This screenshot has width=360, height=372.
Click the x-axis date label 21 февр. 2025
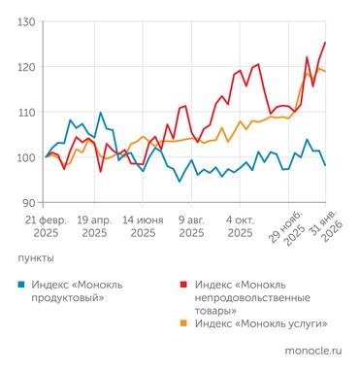point(45,226)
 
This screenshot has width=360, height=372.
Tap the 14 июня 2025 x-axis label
point(143,226)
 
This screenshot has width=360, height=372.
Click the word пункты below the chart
point(36,258)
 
